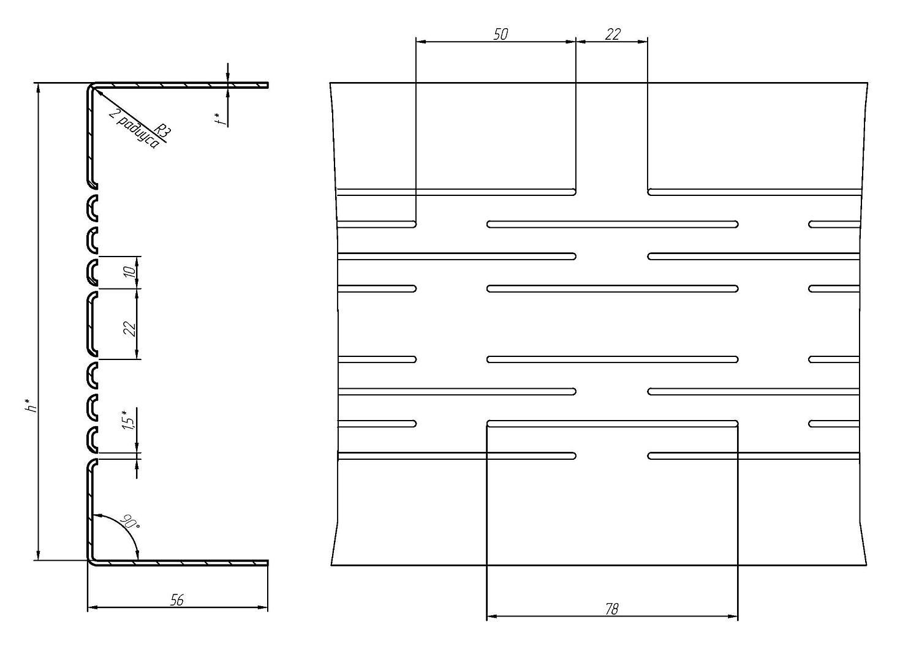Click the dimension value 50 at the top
500,34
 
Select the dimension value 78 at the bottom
611,609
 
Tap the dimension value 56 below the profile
177,600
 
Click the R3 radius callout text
162,131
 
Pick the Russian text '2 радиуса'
134,129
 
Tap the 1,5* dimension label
128,420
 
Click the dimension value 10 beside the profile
130,272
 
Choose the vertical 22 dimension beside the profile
130,329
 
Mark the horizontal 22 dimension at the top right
613,34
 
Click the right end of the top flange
268,85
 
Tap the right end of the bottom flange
268,563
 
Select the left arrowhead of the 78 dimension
492,616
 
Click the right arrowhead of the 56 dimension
263,607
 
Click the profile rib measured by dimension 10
92,272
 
